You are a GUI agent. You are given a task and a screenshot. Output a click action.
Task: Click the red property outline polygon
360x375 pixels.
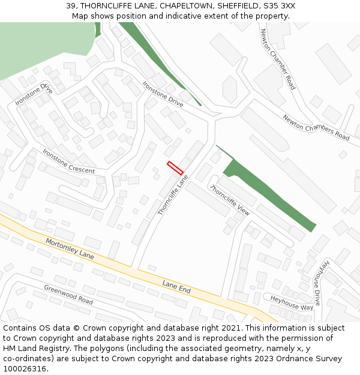coord(175,168)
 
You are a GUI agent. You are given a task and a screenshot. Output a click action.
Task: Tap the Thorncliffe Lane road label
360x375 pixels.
coord(173,195)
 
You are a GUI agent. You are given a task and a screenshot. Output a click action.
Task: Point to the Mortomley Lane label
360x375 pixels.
coord(70,248)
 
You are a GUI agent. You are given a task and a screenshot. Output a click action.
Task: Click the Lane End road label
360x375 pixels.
coord(176,286)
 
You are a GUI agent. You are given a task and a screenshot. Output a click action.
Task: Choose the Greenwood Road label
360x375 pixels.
coord(68,295)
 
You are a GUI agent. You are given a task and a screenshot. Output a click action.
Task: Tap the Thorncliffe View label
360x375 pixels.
coord(230,200)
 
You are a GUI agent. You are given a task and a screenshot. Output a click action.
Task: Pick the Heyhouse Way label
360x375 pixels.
coord(292,302)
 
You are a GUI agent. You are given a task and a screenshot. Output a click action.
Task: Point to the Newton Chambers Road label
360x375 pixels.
coord(316,128)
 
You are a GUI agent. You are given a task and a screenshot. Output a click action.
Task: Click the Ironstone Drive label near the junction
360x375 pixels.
coord(163,94)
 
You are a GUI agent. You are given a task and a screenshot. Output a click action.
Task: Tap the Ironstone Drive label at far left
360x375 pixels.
coord(34,94)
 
